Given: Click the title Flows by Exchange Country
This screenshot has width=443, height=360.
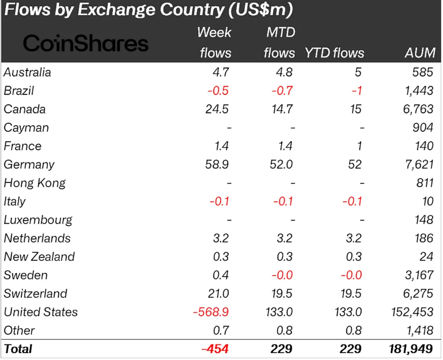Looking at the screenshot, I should tap(147, 10).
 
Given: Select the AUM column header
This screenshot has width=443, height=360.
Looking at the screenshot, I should tap(420, 53).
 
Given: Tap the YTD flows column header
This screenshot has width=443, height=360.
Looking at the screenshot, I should tap(335, 53).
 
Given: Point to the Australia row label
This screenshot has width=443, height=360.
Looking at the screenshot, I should tap(28, 73).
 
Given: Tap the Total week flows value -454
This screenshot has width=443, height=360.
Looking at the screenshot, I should tap(216, 349).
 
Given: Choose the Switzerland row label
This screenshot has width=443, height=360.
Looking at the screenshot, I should tap(36, 294).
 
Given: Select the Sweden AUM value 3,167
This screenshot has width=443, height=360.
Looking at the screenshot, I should tap(419, 275).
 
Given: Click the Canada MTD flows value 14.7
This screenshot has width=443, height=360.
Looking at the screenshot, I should tap(282, 109).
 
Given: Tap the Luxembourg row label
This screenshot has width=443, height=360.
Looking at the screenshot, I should tap(38, 220).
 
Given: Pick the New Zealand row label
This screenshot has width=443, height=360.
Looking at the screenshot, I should tap(39, 257).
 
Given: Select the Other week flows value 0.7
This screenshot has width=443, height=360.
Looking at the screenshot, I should tap(222, 331).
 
